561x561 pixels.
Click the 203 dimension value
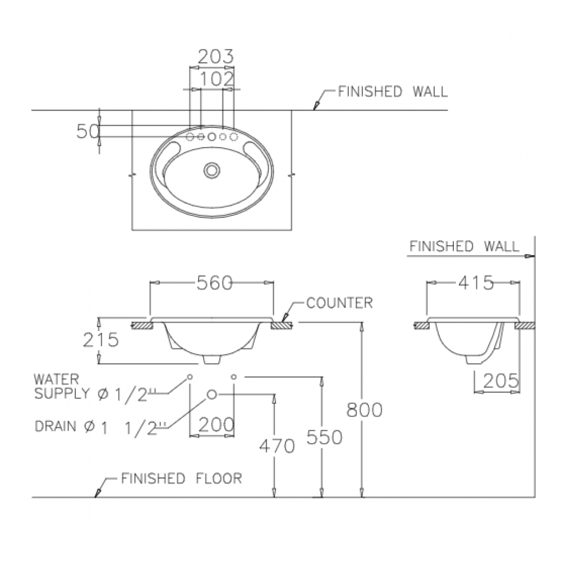click(x=216, y=56)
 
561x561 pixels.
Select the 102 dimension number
click(x=217, y=79)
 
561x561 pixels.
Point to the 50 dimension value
click(x=88, y=131)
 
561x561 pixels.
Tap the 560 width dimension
click(x=215, y=283)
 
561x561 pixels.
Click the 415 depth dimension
click(x=476, y=283)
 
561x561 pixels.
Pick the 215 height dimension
click(x=100, y=339)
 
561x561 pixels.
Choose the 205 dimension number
click(x=500, y=381)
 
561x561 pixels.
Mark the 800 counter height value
click(x=364, y=410)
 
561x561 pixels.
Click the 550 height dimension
click(x=324, y=437)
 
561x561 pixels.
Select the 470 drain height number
click(x=277, y=446)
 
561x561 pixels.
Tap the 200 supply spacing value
click(x=216, y=425)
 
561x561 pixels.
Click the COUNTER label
click(x=339, y=303)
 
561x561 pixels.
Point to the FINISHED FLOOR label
click(x=182, y=479)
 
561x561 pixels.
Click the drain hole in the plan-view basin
click(x=212, y=171)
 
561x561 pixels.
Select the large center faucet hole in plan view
click(x=212, y=137)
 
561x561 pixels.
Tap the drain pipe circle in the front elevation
click(x=212, y=394)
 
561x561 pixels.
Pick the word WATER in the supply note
click(x=56, y=379)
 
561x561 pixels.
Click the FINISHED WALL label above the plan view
click(x=393, y=91)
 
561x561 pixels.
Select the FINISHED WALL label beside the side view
click(x=464, y=246)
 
